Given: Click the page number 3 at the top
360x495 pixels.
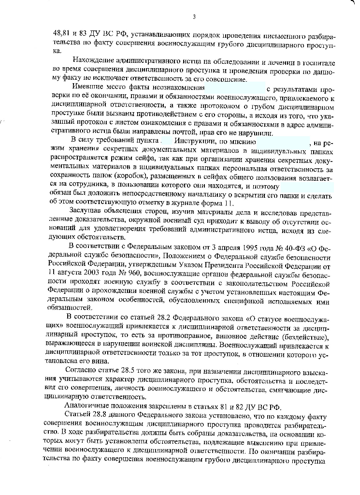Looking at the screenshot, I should tap(194, 17).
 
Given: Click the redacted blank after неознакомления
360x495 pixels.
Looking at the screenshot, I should tap(235, 87).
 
